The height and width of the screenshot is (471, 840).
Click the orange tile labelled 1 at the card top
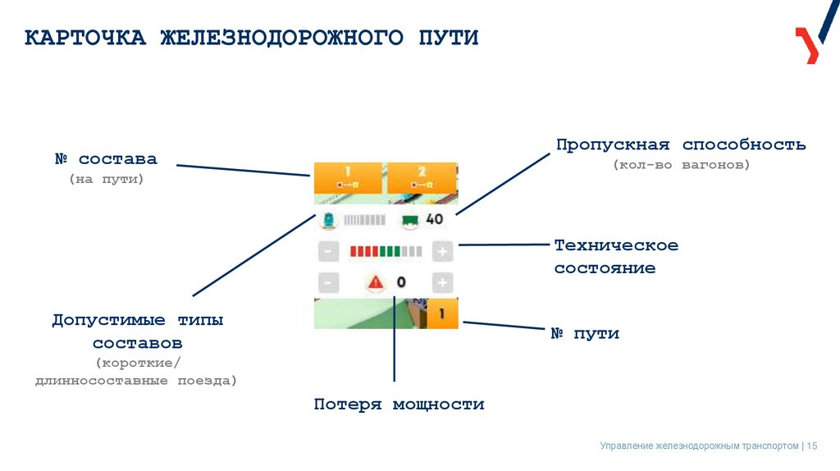coord(347,176)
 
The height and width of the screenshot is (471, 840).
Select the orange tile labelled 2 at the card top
coord(422,176)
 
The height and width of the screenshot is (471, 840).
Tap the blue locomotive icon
coord(328,220)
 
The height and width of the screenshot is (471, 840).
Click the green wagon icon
coord(410,220)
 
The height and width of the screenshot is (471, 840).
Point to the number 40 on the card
coord(434,219)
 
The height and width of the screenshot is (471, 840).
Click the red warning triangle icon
coord(376,282)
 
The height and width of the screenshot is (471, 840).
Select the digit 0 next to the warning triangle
coord(401,282)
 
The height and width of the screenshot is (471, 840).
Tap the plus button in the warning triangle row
coord(442,283)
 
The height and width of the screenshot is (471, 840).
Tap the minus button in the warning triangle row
coord(326,283)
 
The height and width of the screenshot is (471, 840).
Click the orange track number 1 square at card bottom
coord(441,313)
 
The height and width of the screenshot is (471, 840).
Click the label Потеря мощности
coord(399,405)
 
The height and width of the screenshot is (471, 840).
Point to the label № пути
coord(584,334)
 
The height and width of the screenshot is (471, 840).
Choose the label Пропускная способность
coord(680,145)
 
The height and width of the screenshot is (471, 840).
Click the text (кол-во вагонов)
coord(680,165)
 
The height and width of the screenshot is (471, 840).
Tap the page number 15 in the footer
coord(812,446)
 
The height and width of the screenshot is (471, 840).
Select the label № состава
coord(106,158)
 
